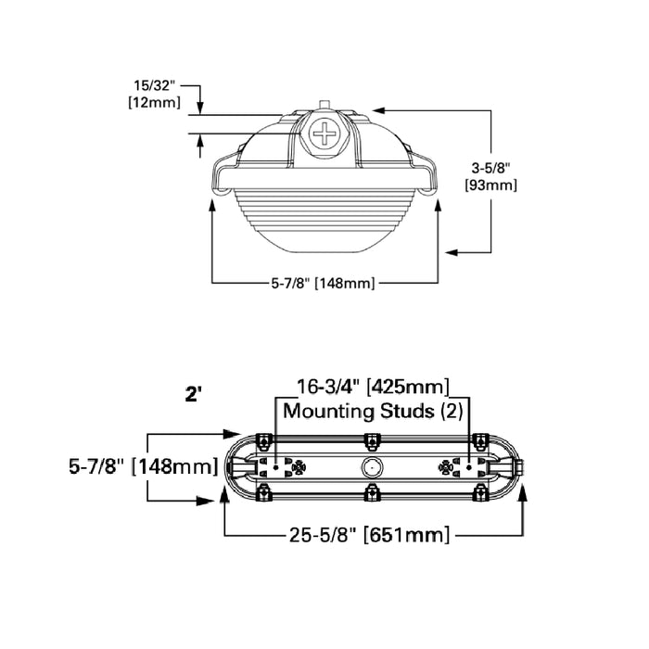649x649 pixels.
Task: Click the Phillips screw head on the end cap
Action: (325, 134)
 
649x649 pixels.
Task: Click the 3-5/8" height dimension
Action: (490, 168)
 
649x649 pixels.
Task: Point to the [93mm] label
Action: (490, 185)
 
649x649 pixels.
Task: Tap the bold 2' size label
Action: (194, 393)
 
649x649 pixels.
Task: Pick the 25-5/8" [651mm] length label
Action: (368, 535)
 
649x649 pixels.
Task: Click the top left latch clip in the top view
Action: (263, 439)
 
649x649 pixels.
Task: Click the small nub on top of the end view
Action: (324, 104)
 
